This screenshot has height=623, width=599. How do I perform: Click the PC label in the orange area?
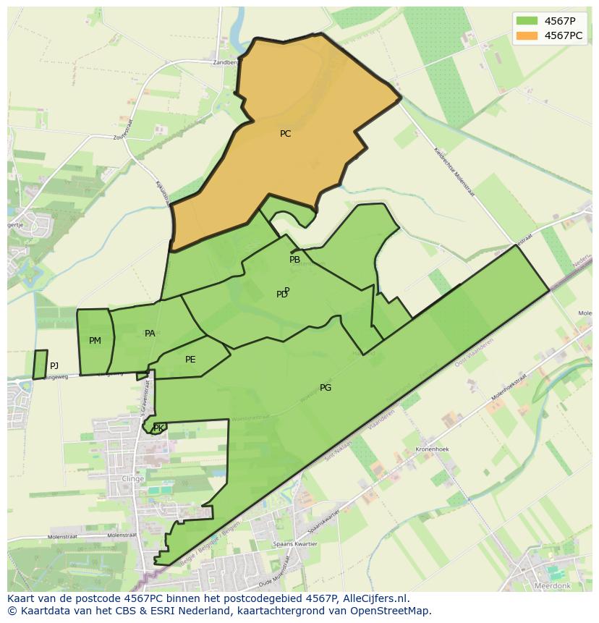point(285,134)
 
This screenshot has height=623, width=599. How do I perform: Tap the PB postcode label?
point(294,260)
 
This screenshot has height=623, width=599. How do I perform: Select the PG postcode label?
point(326,388)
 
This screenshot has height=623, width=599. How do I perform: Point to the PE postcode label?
point(190,360)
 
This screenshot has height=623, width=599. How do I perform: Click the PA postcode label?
point(150,334)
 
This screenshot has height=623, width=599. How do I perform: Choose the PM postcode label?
point(95,341)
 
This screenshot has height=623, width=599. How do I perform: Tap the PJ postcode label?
point(54,366)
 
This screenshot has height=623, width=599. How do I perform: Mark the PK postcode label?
point(158,428)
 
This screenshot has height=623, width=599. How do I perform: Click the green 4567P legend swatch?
point(527,21)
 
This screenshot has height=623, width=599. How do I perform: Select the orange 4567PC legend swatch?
point(527,35)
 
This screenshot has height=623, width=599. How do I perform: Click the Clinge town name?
point(133,479)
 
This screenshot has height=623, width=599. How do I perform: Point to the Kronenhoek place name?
point(433,449)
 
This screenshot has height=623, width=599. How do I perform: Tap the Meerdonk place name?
point(553,585)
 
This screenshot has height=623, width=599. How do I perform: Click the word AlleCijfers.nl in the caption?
point(374,598)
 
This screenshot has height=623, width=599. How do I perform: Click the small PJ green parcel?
point(40,365)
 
